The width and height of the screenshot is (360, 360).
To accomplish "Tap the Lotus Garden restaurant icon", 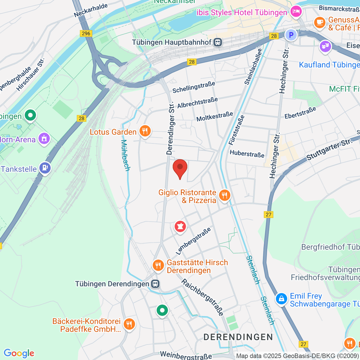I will pyautogui.click(x=145, y=131).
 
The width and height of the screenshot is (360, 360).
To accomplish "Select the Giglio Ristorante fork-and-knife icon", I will pyautogui.click(x=224, y=196).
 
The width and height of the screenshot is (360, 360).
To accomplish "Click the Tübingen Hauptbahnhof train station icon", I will pyautogui.click(x=218, y=42).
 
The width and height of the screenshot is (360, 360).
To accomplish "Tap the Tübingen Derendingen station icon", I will pyautogui.click(x=155, y=284).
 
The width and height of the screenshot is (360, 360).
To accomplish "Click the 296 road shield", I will pyautogui.click(x=86, y=33).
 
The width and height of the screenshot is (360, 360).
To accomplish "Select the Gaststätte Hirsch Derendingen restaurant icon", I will pyautogui.click(x=158, y=265).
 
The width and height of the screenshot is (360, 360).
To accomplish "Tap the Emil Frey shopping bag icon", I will pyautogui.click(x=281, y=299).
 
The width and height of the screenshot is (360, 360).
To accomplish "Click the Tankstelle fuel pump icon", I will pyautogui.click(x=45, y=168).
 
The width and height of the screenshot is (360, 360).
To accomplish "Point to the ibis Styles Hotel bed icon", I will pyautogui.click(x=296, y=12).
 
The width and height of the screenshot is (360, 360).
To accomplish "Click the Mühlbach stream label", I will pyautogui.click(x=125, y=155).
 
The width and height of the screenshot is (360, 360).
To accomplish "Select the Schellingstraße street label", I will pyautogui.click(x=194, y=87).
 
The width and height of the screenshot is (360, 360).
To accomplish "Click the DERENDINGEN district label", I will pyautogui.click(x=238, y=337).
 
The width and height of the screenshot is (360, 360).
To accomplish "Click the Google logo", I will pyautogui.click(x=19, y=353).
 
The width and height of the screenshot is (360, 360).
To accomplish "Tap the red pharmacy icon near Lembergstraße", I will pyautogui.click(x=180, y=226).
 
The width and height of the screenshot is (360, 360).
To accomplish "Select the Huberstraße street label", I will pyautogui.click(x=247, y=154).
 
